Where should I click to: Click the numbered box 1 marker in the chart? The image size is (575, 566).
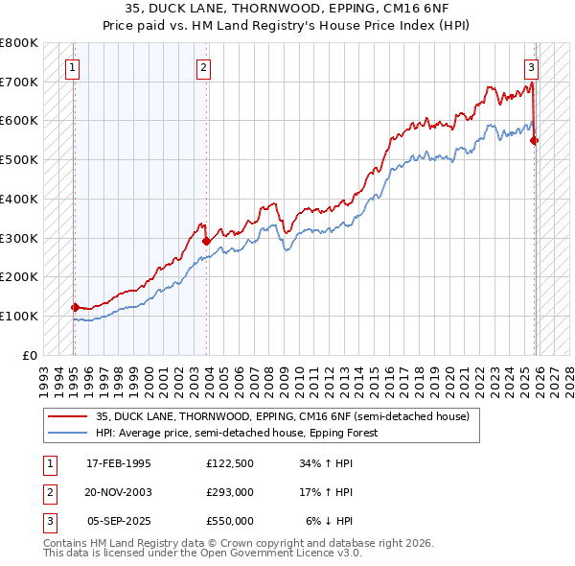point(74,67)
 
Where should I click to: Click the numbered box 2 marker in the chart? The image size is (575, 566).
point(205,67)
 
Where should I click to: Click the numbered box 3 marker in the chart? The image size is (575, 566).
point(531,67)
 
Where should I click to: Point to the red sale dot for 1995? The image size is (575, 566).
point(75,307)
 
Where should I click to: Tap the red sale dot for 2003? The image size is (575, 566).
point(206,241)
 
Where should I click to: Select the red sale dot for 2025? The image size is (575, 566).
point(534,140)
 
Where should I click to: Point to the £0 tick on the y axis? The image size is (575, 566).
point(32,355)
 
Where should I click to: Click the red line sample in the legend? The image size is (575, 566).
point(68,417)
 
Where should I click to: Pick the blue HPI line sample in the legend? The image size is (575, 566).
point(68,434)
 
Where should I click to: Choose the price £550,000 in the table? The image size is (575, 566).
point(230,521)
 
